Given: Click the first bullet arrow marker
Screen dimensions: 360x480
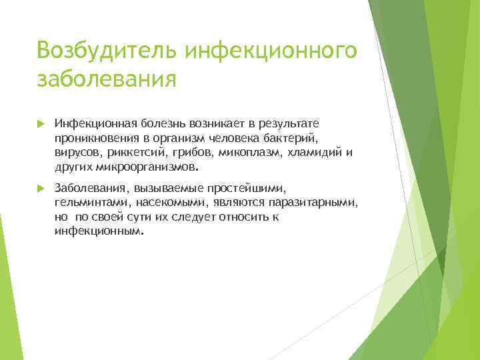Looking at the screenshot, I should click(41, 124).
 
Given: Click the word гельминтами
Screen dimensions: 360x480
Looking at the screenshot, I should click(89, 203).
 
